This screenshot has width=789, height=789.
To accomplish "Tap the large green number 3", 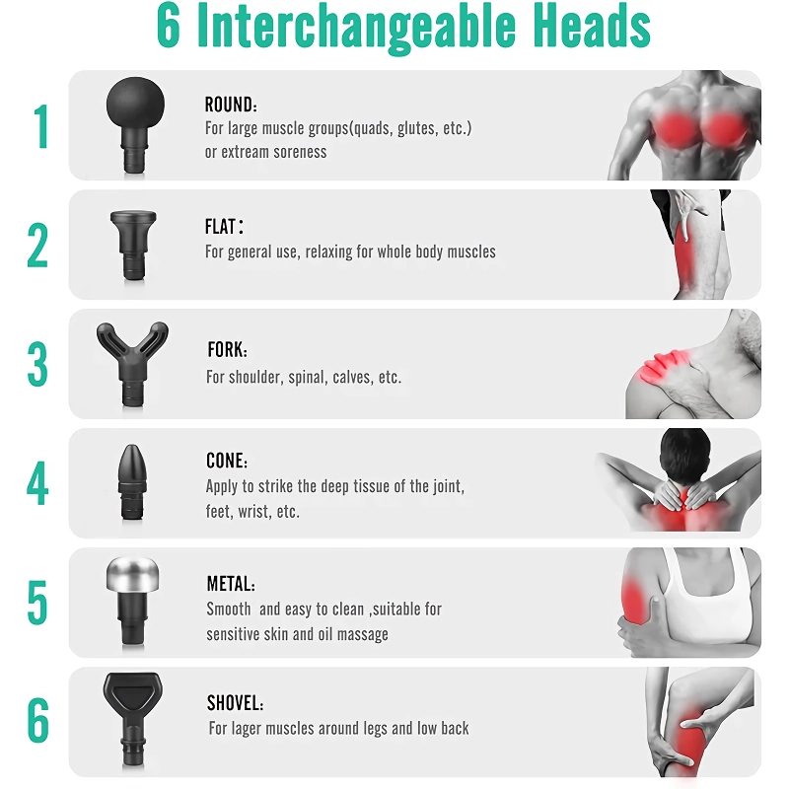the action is point(37,364).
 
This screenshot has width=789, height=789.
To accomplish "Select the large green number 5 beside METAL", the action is point(37,603).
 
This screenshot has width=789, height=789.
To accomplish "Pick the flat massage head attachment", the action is point(133,245).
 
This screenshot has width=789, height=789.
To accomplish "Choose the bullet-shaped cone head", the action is point(132,482).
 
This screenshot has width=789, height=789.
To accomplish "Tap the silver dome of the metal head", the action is point(132,574).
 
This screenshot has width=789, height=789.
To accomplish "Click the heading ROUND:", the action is point(231,105).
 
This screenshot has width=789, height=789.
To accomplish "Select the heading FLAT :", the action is point(224,227).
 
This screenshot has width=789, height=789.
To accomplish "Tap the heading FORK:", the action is point(227,349).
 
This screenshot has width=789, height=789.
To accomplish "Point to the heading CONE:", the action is point(227,461).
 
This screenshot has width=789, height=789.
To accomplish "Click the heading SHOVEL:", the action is point(235,703).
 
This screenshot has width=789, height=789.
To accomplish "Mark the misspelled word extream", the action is point(251,152).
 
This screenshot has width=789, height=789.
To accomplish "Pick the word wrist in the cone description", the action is point(254,511).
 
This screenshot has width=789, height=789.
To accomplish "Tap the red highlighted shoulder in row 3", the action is point(662,369).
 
